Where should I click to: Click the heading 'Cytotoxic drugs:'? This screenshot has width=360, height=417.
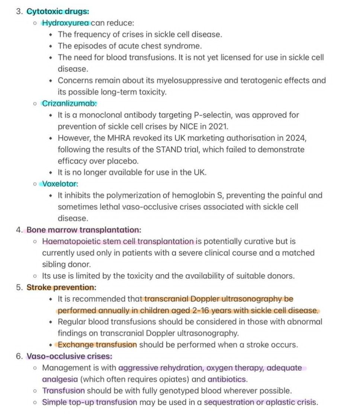[58, 11]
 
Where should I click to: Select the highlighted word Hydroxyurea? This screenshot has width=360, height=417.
[65, 23]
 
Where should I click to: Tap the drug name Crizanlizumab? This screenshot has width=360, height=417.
[69, 104]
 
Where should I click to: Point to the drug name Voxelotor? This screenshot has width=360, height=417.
[60, 184]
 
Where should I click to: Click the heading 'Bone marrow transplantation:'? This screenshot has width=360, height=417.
[84, 230]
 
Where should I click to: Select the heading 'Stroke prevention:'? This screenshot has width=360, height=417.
[61, 287]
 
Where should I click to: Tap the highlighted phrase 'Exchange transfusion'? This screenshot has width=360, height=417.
[97, 345]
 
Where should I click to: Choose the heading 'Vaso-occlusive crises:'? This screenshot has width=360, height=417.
[69, 356]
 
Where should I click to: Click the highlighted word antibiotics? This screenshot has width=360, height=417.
[227, 379]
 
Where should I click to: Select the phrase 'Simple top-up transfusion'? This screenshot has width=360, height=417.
[90, 402]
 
